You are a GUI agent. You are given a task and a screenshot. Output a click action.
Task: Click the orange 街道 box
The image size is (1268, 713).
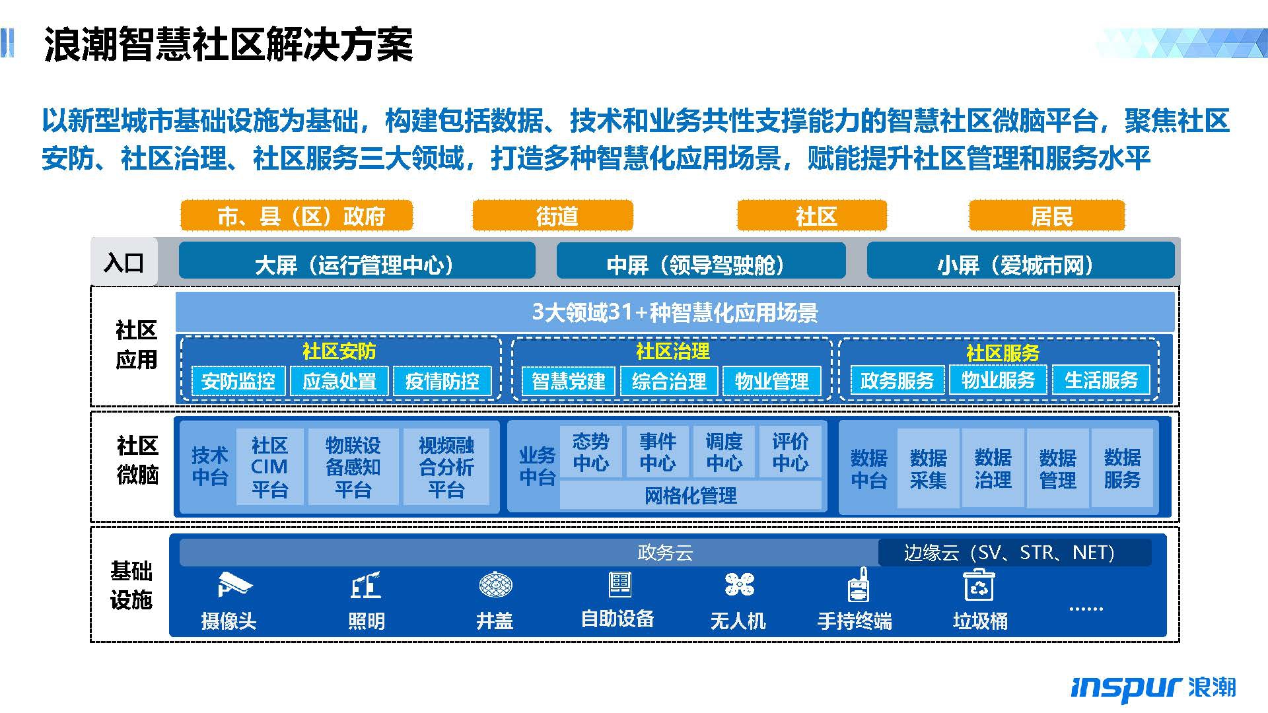(x=553, y=215)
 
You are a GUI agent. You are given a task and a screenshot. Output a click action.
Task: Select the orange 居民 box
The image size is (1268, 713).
(x=1047, y=215)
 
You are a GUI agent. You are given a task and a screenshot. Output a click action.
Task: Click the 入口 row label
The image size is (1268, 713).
(x=124, y=262)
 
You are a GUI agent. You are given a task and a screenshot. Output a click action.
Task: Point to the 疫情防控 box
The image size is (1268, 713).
(x=442, y=381)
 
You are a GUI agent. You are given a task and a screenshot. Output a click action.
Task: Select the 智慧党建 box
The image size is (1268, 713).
(x=569, y=381)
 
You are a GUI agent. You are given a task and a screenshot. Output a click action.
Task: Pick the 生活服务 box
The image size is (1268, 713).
(x=1101, y=380)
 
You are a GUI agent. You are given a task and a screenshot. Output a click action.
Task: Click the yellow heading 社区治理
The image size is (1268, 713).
(x=672, y=351)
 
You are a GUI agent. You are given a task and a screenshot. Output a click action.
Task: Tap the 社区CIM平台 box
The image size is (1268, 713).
(x=269, y=467)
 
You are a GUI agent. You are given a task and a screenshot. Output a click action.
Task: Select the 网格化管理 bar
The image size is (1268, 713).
(x=690, y=495)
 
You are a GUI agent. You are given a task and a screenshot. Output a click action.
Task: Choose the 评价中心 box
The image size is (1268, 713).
(x=790, y=452)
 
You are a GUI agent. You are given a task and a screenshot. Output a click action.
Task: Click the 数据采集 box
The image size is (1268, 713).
(x=928, y=468)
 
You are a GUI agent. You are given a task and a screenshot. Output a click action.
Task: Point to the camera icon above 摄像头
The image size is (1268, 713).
(x=234, y=584)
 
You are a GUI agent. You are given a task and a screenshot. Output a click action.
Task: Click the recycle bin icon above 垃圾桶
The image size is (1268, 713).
(x=979, y=585)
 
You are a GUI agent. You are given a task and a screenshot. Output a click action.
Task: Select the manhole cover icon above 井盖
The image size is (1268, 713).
(x=495, y=585)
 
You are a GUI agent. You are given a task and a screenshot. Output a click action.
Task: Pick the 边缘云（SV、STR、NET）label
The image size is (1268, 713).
(x=1009, y=552)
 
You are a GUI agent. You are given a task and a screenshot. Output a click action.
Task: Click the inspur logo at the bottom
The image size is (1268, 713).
(x=1153, y=687)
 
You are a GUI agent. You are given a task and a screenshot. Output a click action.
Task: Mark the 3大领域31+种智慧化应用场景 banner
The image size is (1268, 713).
(x=675, y=312)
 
